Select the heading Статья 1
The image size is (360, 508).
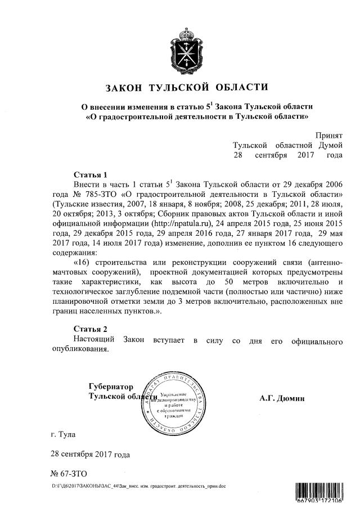90,174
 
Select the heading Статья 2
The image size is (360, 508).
90,329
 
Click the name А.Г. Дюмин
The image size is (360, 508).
282,398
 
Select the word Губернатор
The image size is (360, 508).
111,387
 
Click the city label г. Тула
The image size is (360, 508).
62,434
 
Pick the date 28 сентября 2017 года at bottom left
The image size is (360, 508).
91,454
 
